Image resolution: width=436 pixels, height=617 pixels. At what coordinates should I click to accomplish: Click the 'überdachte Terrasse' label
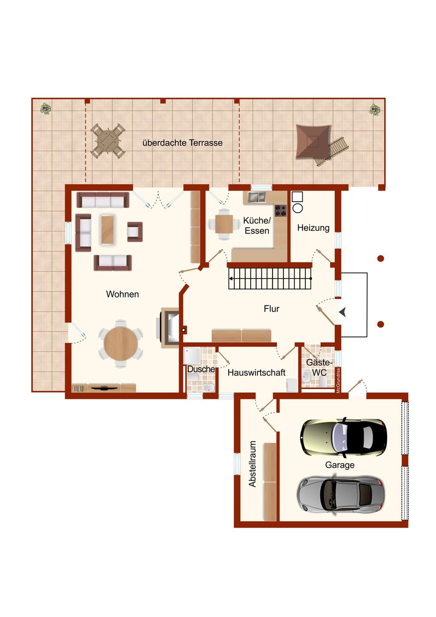(x=182, y=143)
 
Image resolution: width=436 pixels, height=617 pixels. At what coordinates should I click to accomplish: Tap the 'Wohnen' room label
(x=122, y=294)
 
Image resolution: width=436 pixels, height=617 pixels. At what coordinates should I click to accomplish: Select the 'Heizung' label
(x=313, y=228)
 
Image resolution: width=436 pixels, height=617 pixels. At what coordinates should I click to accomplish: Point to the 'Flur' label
(x=271, y=309)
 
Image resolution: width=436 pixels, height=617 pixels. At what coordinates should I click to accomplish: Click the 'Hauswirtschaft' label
(x=257, y=373)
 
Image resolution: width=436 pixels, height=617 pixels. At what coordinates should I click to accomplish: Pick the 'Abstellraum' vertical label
(x=252, y=464)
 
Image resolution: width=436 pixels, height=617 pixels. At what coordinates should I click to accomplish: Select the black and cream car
(x=343, y=438)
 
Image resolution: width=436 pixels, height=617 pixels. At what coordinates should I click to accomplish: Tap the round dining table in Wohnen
(x=120, y=343)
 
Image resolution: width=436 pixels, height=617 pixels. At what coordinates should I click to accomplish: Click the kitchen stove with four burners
(x=281, y=210)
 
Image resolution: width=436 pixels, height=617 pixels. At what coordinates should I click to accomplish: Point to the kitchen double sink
(x=256, y=197)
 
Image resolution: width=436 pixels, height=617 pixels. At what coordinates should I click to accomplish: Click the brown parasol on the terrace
(x=313, y=141)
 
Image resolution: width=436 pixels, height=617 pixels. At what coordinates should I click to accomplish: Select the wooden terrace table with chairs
(x=108, y=141)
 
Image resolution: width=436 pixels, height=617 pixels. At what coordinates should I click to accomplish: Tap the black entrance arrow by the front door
(x=343, y=313)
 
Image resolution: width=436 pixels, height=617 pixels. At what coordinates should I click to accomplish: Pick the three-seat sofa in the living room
(x=103, y=200)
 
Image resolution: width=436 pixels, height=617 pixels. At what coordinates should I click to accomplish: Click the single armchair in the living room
(x=135, y=232)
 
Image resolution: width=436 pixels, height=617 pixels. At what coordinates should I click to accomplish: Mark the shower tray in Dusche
(x=192, y=355)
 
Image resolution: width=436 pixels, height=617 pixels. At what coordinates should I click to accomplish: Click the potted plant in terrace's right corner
(x=375, y=110)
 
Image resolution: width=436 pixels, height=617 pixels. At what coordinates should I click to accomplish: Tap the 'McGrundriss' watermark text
(x=338, y=380)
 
